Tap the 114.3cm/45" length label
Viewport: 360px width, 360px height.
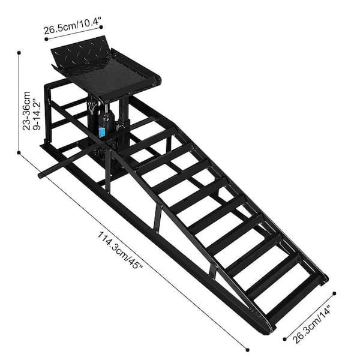[120, 249]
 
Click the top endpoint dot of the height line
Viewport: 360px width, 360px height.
[20, 53]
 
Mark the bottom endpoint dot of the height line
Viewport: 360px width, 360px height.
[20, 152]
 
